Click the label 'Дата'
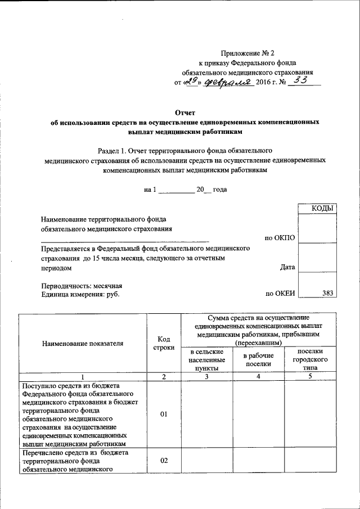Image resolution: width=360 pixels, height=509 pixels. tap(287, 267)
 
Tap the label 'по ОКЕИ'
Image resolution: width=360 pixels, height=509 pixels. tap(280, 293)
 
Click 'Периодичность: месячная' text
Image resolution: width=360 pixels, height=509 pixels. tap(81, 285)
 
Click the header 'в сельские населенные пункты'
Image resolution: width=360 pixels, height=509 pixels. tap(206, 359)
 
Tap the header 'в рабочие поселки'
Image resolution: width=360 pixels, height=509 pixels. tap(258, 359)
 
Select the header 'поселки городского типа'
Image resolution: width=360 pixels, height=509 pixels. tap(310, 359)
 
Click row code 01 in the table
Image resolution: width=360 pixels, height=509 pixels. tap(164, 415)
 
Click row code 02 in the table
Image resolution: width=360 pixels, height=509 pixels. tap(164, 461)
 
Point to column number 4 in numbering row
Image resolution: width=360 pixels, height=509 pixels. tap(258, 376)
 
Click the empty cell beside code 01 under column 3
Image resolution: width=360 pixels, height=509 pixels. tap(206, 415)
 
